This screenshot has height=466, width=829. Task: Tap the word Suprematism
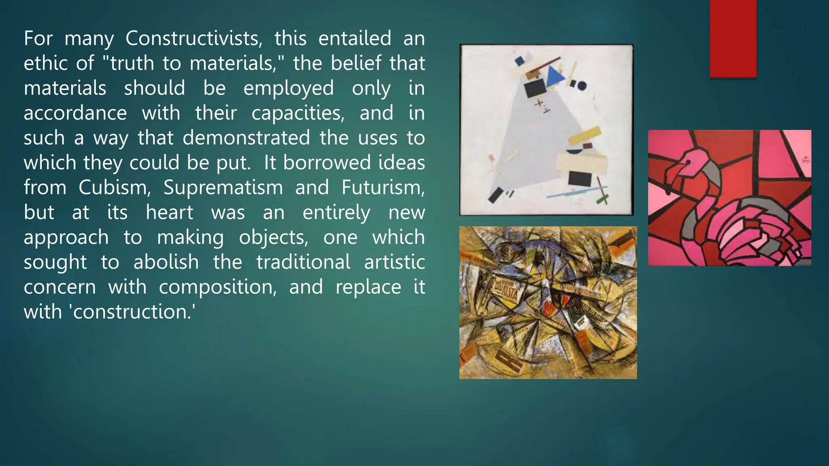[223, 188]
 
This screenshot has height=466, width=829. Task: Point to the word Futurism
[383, 188]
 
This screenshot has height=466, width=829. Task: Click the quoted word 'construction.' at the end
[133, 312]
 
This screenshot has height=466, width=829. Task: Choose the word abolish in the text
[166, 262]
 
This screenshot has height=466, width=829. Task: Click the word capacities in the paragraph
[298, 113]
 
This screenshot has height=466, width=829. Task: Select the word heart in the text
[169, 212]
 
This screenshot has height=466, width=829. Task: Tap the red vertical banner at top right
[733, 38]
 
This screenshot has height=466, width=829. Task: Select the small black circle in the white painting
[582, 85]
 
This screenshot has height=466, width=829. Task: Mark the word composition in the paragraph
[217, 287]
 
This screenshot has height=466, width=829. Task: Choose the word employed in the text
[288, 88]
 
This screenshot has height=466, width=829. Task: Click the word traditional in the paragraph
[303, 262]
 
